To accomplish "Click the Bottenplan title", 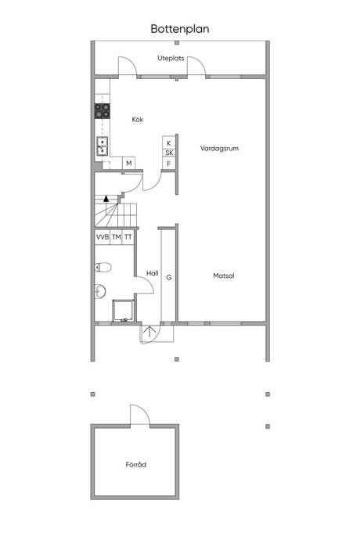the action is click(x=180, y=29).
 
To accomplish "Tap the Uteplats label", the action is click(x=171, y=58).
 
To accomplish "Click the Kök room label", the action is click(x=138, y=120).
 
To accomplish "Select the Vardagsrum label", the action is click(x=219, y=149).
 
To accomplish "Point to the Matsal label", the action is click(x=224, y=275).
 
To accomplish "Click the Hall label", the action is click(x=153, y=273).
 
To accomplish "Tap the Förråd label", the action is click(x=135, y=465).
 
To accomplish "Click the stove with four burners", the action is click(x=103, y=111).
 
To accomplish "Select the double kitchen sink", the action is click(x=103, y=146).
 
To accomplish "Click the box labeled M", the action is click(x=129, y=164).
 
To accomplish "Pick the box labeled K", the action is click(x=169, y=143).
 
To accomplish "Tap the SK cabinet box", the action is click(x=169, y=153).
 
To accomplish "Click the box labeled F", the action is click(x=169, y=164).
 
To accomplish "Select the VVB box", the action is click(x=103, y=237).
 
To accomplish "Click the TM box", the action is click(x=116, y=237).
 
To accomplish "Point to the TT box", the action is click(x=128, y=237).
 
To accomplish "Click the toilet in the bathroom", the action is click(x=103, y=267).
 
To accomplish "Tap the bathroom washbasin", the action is click(x=100, y=291).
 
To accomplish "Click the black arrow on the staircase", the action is click(x=106, y=198).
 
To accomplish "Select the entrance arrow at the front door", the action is click(x=149, y=331).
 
